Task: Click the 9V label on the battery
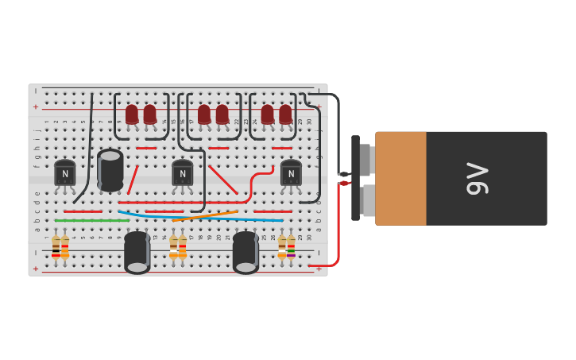[x=477, y=178]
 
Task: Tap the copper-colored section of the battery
[x=401, y=178]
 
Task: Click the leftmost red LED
[x=132, y=115]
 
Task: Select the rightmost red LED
[x=285, y=115]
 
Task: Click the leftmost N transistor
[x=65, y=173]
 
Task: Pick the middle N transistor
[x=183, y=173]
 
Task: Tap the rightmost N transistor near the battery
[x=291, y=173]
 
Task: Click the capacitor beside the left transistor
[x=110, y=169]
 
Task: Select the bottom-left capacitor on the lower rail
[x=137, y=252]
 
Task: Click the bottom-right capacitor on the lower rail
[x=245, y=252]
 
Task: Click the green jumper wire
[x=91, y=220]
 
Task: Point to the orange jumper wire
[x=205, y=215]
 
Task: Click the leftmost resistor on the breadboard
[x=56, y=247]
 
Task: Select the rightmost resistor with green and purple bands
[x=291, y=247]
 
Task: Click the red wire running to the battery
[x=337, y=230]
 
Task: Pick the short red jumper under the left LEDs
[x=146, y=148]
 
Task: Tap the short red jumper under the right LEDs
[x=281, y=148]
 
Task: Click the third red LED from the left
[x=204, y=115]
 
